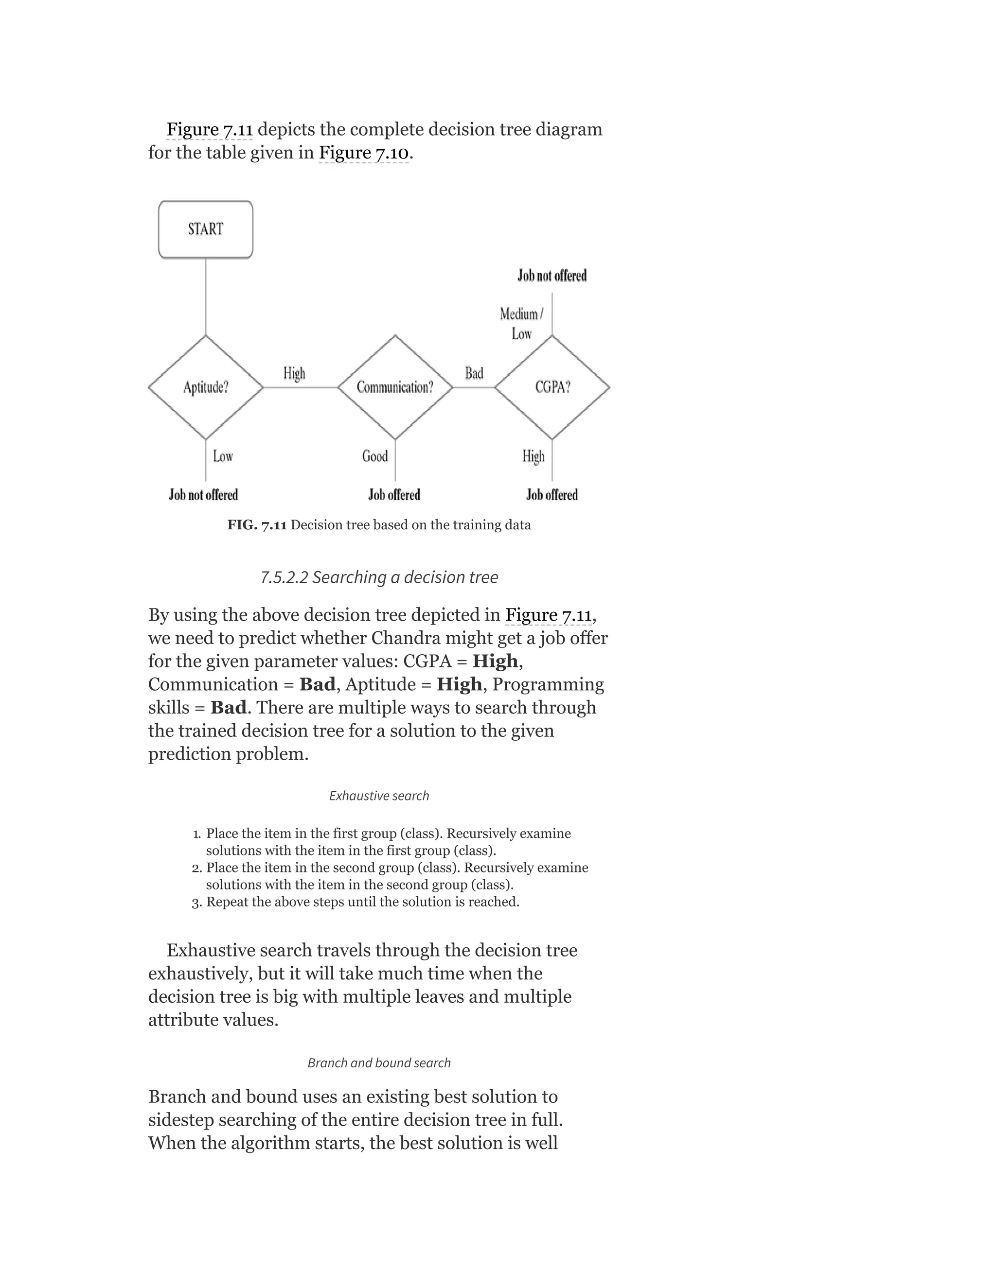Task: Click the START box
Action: tap(205, 229)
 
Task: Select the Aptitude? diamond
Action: tap(205, 387)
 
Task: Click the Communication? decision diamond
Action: tap(395, 387)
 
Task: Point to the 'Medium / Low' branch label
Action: tap(521, 324)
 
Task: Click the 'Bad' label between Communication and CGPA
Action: tap(474, 373)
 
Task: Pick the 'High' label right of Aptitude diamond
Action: tap(294, 373)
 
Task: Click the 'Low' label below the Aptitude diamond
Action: tap(223, 456)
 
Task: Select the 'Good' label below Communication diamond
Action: tap(374, 456)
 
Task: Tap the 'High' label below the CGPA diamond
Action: tap(533, 456)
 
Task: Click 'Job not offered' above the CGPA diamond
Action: tap(551, 276)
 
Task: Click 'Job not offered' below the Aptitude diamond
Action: tap(203, 495)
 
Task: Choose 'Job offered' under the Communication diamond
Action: tap(394, 495)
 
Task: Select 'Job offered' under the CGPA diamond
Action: tap(551, 495)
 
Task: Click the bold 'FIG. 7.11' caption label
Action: tap(257, 525)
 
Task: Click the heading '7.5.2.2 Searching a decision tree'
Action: tap(379, 577)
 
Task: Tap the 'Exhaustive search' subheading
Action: tap(379, 796)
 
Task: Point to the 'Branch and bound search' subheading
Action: tap(379, 1062)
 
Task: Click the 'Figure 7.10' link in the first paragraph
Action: tap(363, 153)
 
